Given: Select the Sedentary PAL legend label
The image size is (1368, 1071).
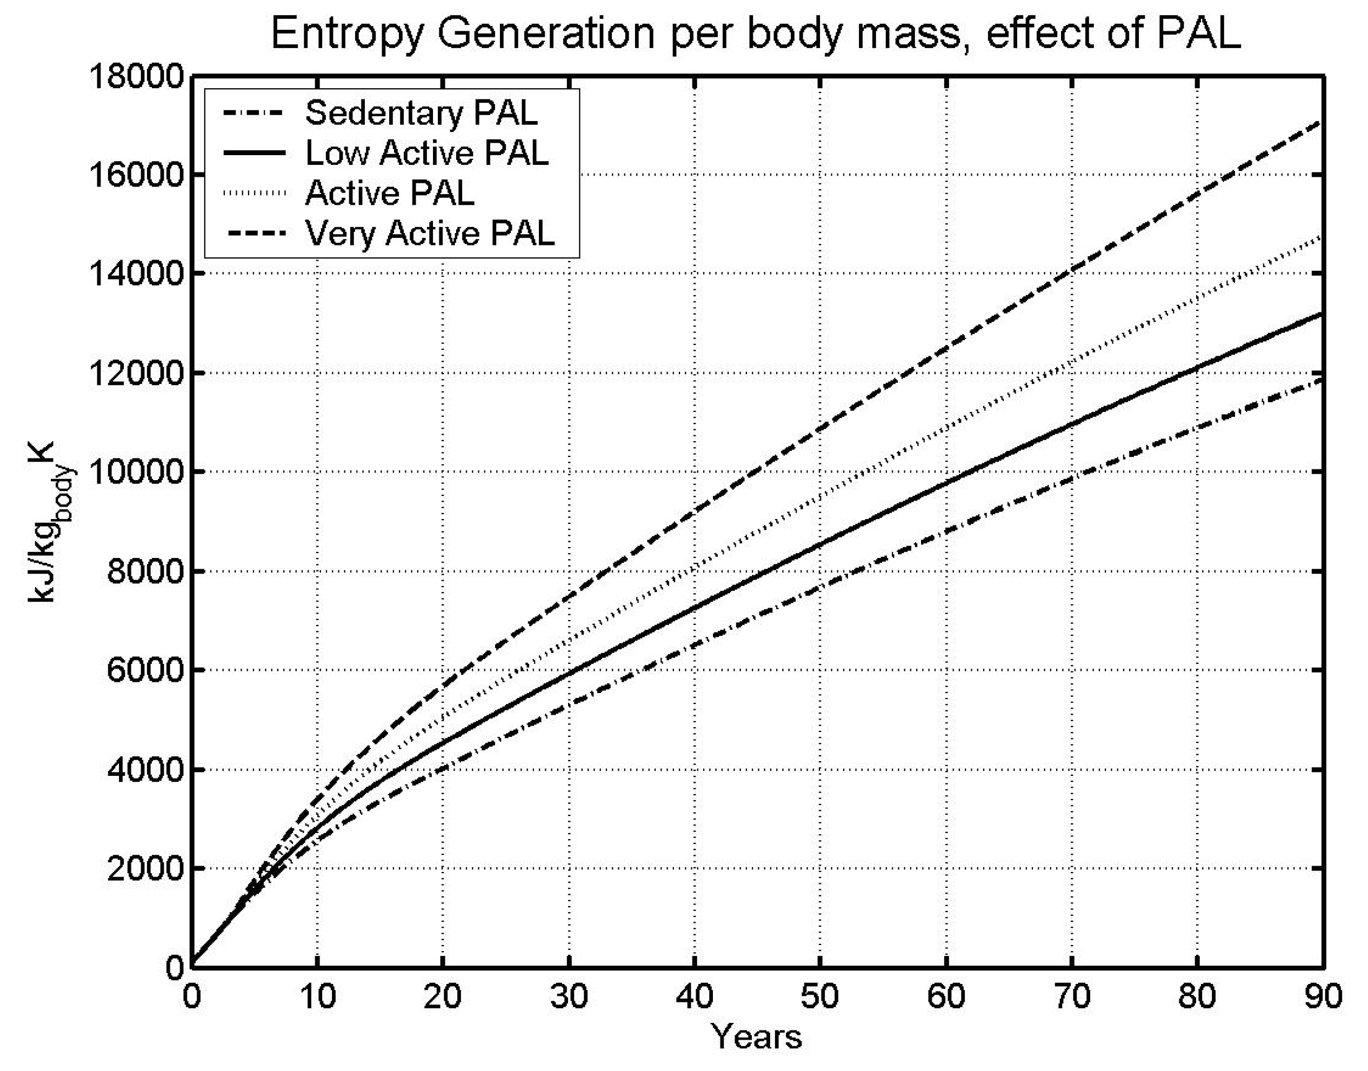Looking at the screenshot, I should pyautogui.click(x=421, y=113).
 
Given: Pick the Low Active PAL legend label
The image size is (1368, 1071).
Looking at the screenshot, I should pyautogui.click(x=426, y=153).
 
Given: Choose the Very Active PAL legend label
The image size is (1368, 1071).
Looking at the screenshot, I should pyautogui.click(x=430, y=233).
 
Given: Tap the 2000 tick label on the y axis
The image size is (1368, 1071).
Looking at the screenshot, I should pyautogui.click(x=144, y=868).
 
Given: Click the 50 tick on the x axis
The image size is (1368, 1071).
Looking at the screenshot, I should pyautogui.click(x=820, y=996).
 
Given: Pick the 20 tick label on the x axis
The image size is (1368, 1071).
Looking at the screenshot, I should pyautogui.click(x=443, y=996).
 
